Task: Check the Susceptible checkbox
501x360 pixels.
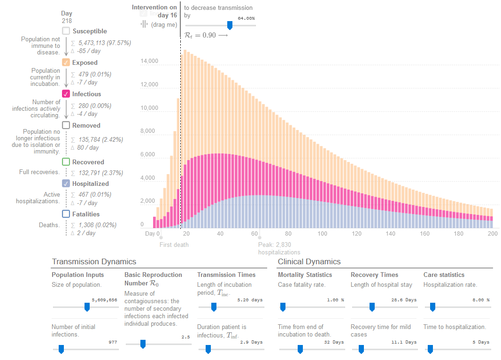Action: click(x=66, y=31)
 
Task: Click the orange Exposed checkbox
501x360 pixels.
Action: click(x=66, y=62)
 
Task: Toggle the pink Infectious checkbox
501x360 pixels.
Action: click(x=66, y=94)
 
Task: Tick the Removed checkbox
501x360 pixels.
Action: click(x=66, y=125)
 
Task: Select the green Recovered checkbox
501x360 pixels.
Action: click(x=66, y=162)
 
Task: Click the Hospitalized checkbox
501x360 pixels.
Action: click(x=66, y=184)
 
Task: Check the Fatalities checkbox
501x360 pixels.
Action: click(x=66, y=214)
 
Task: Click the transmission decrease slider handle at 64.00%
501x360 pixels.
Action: click(x=230, y=25)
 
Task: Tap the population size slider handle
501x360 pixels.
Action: click(x=87, y=307)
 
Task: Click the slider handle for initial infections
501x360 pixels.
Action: click(x=61, y=349)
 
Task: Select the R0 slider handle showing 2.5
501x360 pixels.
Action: click(x=143, y=344)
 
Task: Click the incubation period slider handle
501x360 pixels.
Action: click(x=214, y=307)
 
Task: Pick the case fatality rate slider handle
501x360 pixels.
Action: click(x=283, y=307)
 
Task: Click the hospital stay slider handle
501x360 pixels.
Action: click(x=372, y=307)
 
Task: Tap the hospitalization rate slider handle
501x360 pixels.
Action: click(x=432, y=307)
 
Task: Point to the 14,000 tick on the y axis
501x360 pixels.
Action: click(x=149, y=61)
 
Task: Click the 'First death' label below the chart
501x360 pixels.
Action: click(x=174, y=245)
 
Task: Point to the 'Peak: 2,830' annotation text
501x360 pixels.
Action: click(x=275, y=245)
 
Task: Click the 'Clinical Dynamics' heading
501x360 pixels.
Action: click(x=309, y=261)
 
